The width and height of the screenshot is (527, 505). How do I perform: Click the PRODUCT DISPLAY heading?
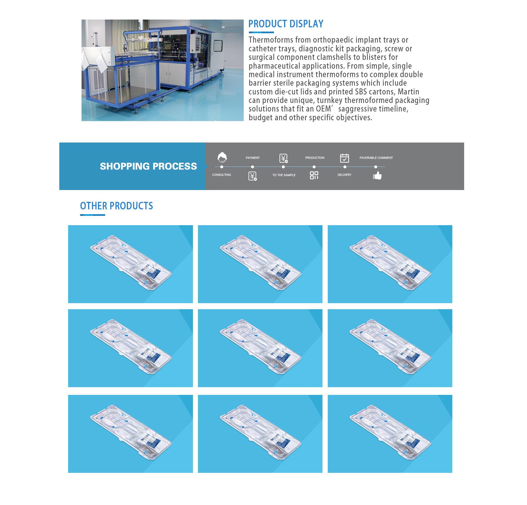coord(286,24)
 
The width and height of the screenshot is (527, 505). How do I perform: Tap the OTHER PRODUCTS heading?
coord(116,206)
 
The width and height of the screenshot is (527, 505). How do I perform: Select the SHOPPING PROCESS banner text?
coord(148,166)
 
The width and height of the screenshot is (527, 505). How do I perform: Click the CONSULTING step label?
coord(222,175)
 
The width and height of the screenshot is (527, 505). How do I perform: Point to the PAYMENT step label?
coord(253,158)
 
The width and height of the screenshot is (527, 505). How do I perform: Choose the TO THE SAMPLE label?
coord(284,175)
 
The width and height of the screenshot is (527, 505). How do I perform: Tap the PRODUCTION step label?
coord(315,158)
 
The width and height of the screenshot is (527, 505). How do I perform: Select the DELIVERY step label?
coord(344,175)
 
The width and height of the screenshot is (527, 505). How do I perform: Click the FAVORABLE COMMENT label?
coord(376,158)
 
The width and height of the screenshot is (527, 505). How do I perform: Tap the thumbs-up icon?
coord(377,175)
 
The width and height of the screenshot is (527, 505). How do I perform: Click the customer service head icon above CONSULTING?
coord(222,157)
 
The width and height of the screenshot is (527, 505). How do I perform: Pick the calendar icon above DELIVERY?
coord(344,158)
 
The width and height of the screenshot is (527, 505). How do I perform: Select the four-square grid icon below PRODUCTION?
coord(314,175)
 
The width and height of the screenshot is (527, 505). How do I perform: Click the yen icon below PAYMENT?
coord(253,176)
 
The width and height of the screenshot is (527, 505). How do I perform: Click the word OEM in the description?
coord(323,109)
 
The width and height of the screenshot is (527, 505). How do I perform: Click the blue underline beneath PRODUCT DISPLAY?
coord(261,32)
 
